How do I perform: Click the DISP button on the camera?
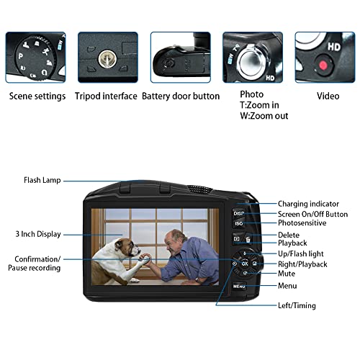coord(239,213)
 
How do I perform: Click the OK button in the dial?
coord(244,264)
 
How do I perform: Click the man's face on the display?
coord(174,241)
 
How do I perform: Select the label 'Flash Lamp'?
coord(42,181)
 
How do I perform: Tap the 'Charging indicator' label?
coord(307,204)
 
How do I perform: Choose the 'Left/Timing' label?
coord(297,306)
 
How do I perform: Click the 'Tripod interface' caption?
coord(106,96)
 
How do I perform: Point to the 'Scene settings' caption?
coord(37,96)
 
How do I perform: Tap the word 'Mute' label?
coord(287,274)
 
